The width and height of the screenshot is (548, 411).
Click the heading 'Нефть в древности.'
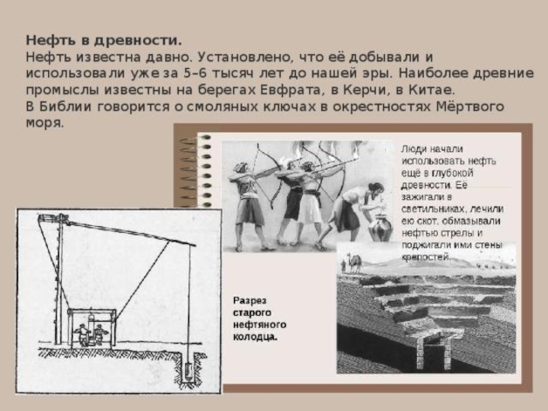point(104,40)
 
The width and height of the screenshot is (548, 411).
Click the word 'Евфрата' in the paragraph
point(290,90)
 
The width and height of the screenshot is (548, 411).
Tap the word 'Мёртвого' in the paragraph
point(470,107)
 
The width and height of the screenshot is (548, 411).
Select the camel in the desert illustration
point(354,263)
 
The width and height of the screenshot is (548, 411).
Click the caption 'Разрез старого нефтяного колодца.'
point(260,319)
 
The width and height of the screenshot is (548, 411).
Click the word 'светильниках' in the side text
point(434,209)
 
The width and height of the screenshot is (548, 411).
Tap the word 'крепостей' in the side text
point(425,258)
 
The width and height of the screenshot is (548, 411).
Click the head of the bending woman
point(376,189)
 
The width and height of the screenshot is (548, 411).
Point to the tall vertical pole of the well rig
point(60,279)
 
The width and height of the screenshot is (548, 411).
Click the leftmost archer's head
point(240,167)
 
